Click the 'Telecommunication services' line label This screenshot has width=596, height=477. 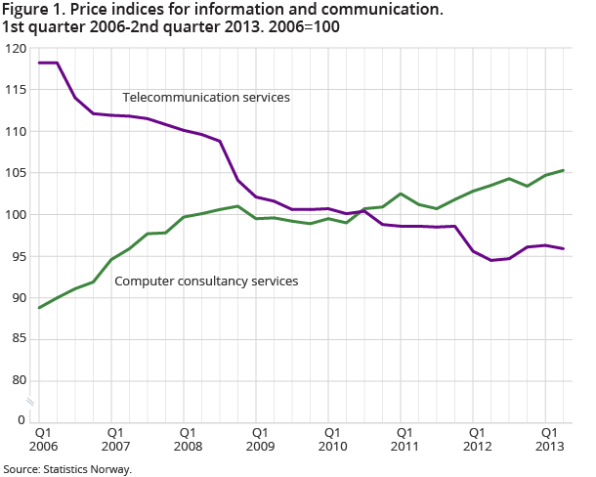[x=206, y=97]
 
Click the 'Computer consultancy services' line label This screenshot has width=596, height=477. [x=206, y=282]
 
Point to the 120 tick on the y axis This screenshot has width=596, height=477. [x=15, y=48]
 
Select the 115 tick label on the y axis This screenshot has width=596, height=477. [x=15, y=89]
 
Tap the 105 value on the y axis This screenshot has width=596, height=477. [x=15, y=173]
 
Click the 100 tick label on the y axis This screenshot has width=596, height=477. [x=15, y=214]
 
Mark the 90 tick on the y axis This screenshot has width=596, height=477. [x=18, y=297]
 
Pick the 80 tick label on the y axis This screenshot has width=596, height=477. [x=18, y=380]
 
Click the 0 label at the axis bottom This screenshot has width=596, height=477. [x=21, y=420]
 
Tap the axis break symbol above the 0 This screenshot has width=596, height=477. [x=31, y=401]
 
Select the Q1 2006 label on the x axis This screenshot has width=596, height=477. [x=42, y=438]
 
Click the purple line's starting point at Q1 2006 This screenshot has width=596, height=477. [x=39, y=63]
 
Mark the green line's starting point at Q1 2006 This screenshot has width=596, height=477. [x=39, y=308]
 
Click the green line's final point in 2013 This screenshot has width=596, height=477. [x=564, y=170]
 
